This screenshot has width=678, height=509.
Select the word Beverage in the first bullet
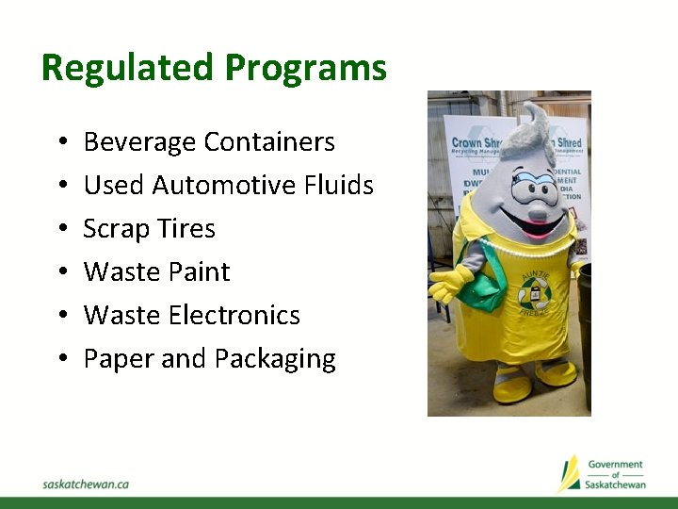point(140,142)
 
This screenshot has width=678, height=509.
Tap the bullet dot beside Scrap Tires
point(59,229)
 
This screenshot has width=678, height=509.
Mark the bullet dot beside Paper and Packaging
point(59,359)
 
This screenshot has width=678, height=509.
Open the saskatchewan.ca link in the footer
point(86,484)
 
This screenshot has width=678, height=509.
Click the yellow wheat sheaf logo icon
point(569,473)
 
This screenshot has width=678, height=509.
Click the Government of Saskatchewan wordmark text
point(615,474)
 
